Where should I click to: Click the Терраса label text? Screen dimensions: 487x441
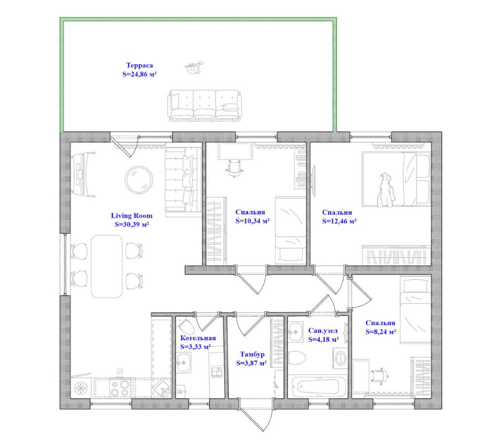pos(140,65)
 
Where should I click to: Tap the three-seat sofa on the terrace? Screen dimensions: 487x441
pos(204,106)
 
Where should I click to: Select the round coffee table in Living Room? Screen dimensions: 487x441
pos(139,180)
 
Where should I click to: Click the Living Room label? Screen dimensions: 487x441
pos(132,216)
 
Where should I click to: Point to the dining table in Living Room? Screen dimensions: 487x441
pos(107,266)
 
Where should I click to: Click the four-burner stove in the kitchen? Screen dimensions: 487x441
pos(120,388)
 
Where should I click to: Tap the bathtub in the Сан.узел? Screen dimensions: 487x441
pos(317,387)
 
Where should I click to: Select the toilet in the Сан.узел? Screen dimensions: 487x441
pos(298,358)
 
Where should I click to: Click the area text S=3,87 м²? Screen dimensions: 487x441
pos(252,363)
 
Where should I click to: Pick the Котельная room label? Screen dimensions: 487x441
pos(198,338)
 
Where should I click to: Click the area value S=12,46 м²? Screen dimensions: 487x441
pos(339,221)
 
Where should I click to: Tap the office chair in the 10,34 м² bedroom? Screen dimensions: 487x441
pos(234,168)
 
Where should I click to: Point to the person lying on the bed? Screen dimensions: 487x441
pos(386,190)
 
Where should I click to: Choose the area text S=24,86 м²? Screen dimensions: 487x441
pos(140,74)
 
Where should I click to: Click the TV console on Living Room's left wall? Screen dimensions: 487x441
pos(82,174)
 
